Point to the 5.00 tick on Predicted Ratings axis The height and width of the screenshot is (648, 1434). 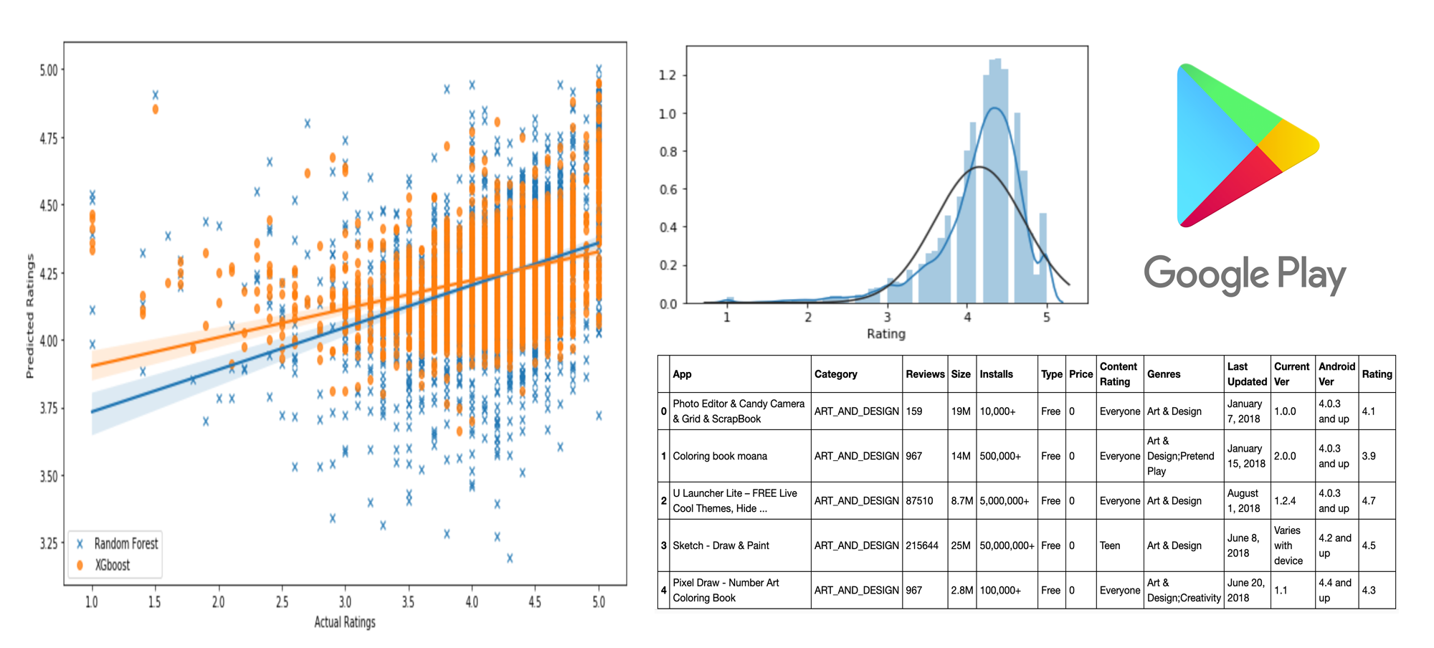click(x=49, y=70)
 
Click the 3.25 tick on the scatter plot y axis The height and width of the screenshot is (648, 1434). click(x=49, y=543)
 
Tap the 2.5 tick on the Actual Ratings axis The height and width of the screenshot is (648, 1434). click(x=282, y=602)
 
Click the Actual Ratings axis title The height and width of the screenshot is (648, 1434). click(x=345, y=622)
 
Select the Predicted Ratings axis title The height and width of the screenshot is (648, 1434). click(x=30, y=315)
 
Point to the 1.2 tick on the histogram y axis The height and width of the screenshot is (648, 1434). click(x=668, y=75)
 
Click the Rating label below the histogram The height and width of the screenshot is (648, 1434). click(x=886, y=334)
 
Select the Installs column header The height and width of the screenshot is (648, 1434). click(x=997, y=374)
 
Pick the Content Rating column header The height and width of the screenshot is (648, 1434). click(x=1119, y=374)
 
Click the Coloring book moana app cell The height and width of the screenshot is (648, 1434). click(x=720, y=456)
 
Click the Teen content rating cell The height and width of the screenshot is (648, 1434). click(x=1110, y=545)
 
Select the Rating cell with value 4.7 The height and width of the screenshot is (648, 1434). click(x=1369, y=501)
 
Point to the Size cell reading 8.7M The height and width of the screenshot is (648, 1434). click(x=962, y=501)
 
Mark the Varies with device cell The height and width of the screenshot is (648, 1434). click(x=1288, y=545)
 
